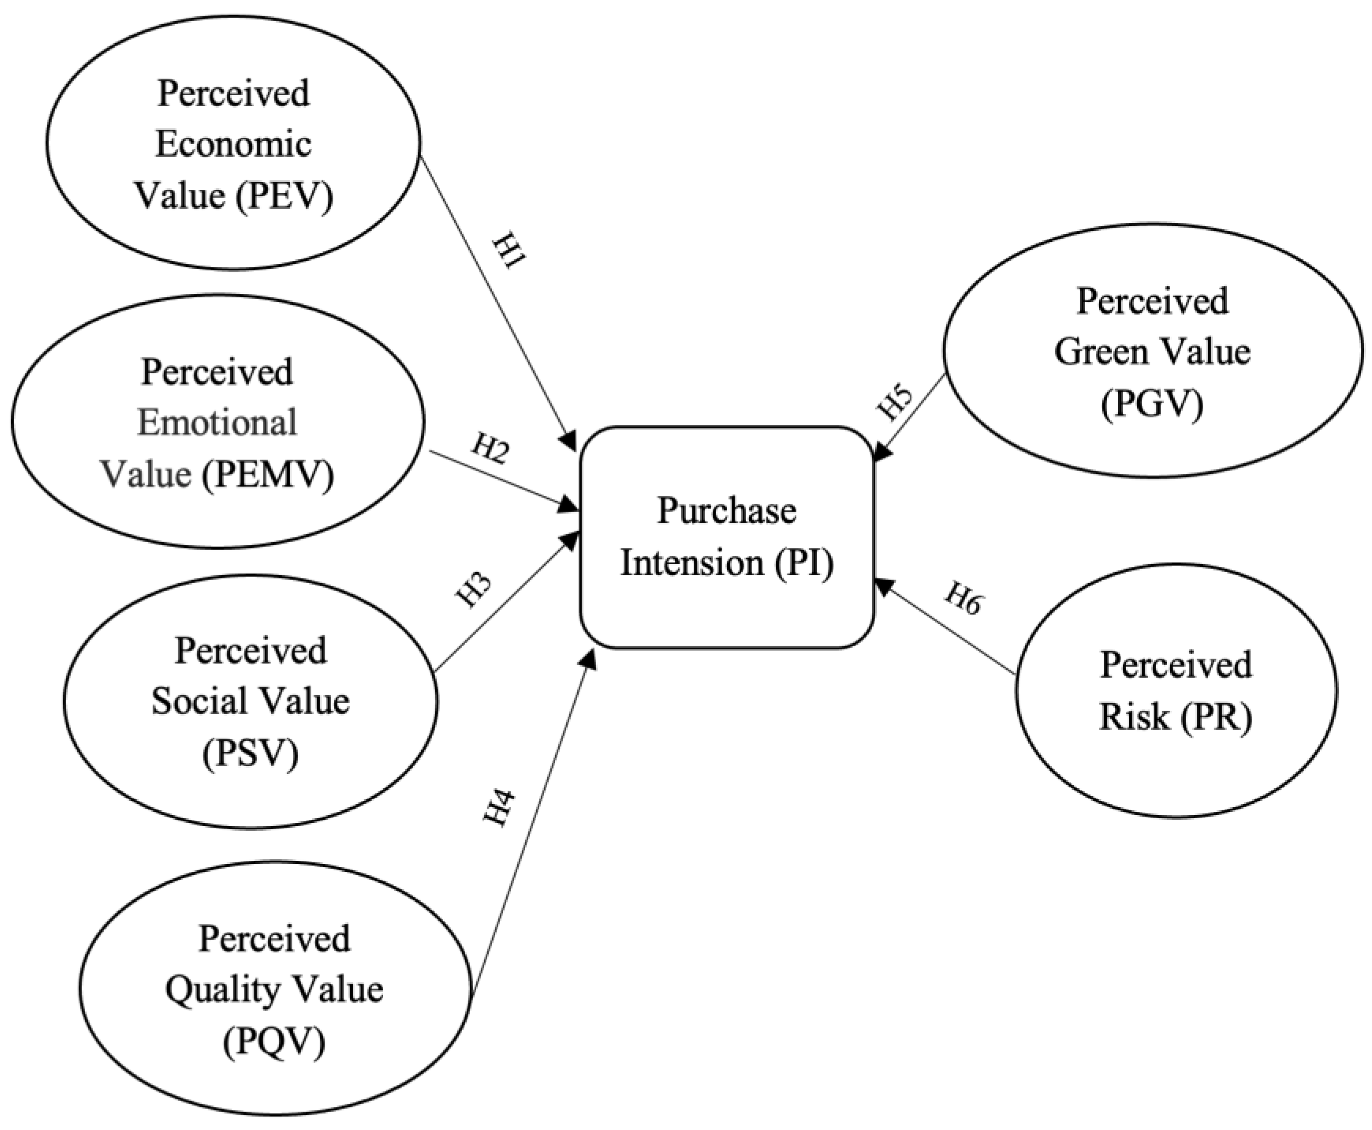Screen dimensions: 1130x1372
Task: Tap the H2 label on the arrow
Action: point(489,449)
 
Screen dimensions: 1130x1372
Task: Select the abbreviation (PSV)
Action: point(250,753)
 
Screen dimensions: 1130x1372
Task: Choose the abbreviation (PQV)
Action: point(274,1042)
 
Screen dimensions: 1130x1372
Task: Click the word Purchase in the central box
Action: point(726,511)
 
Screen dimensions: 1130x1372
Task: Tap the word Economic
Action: point(233,144)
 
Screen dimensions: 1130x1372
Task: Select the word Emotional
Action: point(217,423)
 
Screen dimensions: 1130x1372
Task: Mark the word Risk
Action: point(1133,717)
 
